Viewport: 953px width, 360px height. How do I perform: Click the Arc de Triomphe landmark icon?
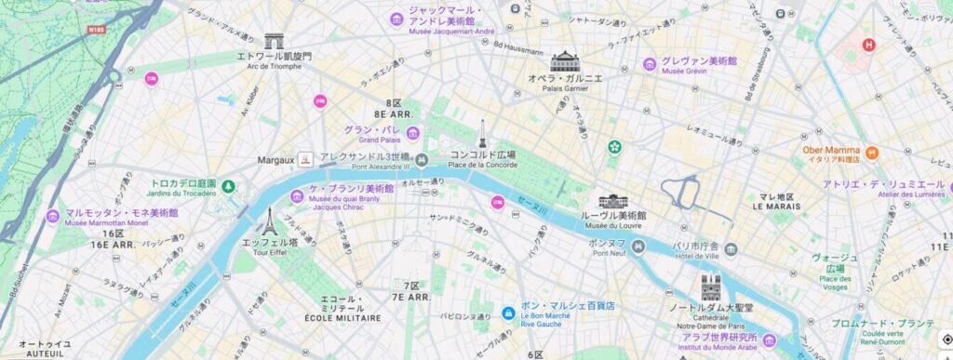[274, 41]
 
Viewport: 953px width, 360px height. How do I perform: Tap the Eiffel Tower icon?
[268, 220]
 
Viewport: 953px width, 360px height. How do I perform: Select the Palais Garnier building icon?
[565, 61]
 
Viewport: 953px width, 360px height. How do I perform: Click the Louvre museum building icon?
[613, 201]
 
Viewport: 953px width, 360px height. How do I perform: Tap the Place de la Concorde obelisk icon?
[482, 135]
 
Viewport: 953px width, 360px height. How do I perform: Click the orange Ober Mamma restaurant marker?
[872, 152]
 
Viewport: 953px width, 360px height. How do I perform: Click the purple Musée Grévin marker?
[650, 64]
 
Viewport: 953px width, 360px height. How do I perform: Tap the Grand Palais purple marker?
[412, 133]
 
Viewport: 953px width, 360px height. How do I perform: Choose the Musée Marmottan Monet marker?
[54, 216]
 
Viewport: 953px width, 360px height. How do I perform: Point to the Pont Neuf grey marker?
[638, 246]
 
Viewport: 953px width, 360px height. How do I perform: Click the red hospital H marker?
[869, 44]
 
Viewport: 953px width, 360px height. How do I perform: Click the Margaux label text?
[275, 160]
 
